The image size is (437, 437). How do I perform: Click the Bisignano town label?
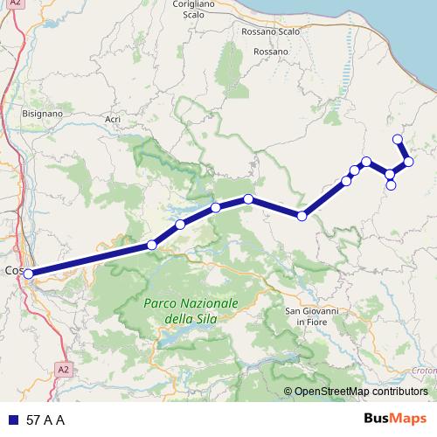pos(42,114)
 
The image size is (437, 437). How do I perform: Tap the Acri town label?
pos(112,119)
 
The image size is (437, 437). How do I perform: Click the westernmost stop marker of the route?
pos(29,274)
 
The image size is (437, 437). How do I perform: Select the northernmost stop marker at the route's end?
pos(398,139)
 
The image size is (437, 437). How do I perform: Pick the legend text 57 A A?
pos(45,420)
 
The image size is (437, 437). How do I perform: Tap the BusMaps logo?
pos(394,419)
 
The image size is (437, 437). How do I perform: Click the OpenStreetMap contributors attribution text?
pos(361,392)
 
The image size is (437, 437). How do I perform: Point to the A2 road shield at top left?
pos(16,3)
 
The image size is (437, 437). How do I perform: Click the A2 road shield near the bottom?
pos(62,369)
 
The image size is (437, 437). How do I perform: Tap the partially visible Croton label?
pos(424,371)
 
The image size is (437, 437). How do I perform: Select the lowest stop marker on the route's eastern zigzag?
pos(392,185)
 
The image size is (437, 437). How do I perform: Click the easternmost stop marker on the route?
pos(408,161)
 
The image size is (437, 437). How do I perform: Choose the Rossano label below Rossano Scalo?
pos(270,52)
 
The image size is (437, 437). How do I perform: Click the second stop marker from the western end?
pos(152,245)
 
